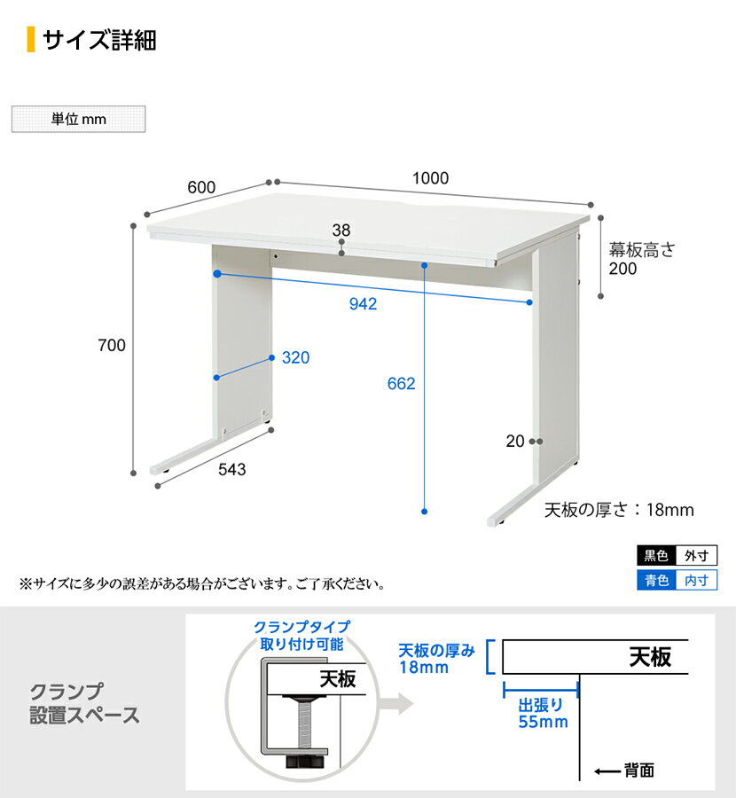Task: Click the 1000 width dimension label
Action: click(430, 178)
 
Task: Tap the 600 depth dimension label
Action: click(201, 187)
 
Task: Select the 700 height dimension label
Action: click(112, 346)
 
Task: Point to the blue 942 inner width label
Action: click(363, 304)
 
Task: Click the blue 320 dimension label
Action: click(295, 357)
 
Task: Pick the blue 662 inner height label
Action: click(401, 383)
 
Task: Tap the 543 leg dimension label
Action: click(232, 469)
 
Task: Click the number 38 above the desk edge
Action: click(341, 231)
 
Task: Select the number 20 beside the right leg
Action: click(515, 442)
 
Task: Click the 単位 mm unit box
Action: click(78, 119)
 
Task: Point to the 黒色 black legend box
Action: click(656, 555)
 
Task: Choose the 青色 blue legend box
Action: click(656, 580)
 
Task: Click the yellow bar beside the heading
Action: click(31, 39)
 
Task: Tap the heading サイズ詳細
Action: click(99, 40)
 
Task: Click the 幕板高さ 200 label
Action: click(641, 259)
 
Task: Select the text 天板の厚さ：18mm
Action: click(619, 510)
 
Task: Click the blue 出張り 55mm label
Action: click(543, 713)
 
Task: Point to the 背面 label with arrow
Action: click(624, 771)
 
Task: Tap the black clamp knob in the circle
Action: click(305, 762)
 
